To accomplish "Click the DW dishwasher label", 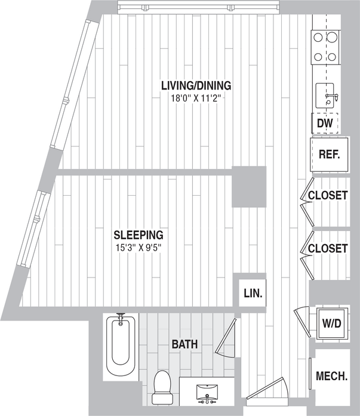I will (324, 124).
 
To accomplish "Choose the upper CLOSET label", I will (327, 196).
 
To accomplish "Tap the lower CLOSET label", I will (327, 248).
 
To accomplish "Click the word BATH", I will (184, 344).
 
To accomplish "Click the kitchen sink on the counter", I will (327, 95).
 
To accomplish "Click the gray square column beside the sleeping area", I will (248, 187).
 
